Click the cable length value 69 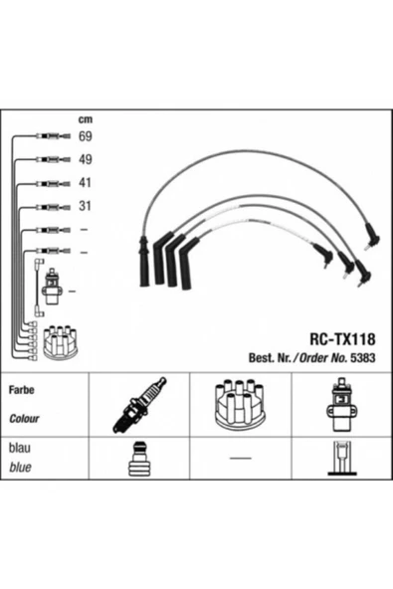86,136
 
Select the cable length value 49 86,159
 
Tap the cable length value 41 86,182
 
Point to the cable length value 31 86,206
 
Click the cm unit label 86,119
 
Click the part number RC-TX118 342,339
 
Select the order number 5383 362,357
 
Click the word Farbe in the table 22,390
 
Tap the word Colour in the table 24,418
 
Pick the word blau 20,448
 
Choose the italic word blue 20,467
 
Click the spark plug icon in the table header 139,405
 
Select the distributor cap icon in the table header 240,405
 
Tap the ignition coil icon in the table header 341,405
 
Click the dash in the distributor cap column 241,458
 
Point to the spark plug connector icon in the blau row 139,459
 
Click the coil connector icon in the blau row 341,459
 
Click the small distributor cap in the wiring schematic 60,342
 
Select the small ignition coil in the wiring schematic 52,287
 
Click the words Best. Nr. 270,357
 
